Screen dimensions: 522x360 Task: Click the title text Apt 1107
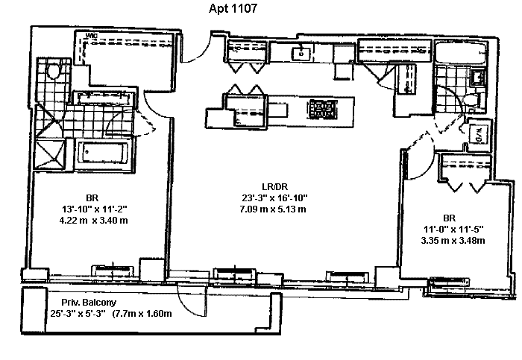(233, 10)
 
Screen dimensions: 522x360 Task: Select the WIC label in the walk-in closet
(92, 37)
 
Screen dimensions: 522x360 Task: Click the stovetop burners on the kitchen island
(322, 109)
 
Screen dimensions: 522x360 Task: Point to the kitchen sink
(301, 52)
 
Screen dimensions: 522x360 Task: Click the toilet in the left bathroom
(52, 71)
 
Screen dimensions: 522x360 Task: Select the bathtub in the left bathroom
(104, 154)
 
